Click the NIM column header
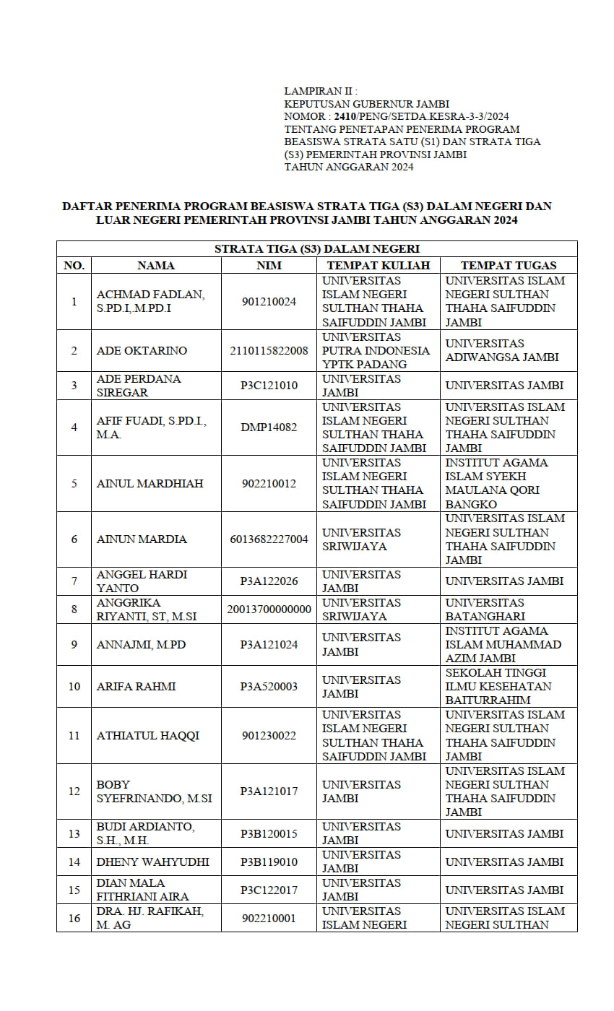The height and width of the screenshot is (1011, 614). point(269,265)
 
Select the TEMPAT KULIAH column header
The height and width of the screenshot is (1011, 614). point(378,265)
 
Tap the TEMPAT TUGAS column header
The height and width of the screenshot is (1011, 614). point(509,265)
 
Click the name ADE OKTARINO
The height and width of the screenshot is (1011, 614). point(142,350)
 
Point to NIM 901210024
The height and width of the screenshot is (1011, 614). point(269,301)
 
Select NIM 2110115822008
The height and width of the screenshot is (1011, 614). point(269,350)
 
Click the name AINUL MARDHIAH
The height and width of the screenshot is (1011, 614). point(150,483)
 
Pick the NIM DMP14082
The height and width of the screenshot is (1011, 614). point(269,427)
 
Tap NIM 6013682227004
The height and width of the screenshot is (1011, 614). point(269,539)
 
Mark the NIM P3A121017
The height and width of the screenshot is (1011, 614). point(269,791)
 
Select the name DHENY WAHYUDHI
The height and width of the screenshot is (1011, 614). point(153,862)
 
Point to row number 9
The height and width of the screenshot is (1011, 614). point(74,644)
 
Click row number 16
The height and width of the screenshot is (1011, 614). point(74,918)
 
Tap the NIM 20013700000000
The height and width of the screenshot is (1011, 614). point(269,609)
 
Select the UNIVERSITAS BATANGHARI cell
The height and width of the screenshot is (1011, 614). point(485,609)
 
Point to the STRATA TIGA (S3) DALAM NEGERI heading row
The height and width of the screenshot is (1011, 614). point(316,248)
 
